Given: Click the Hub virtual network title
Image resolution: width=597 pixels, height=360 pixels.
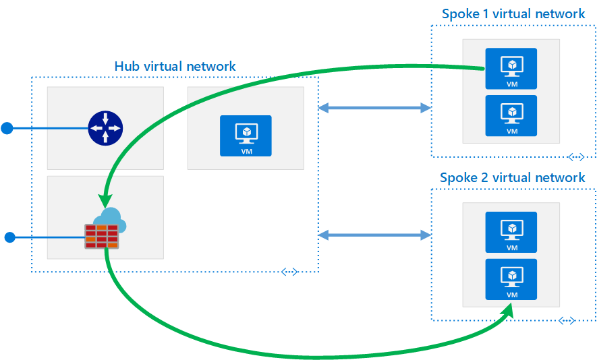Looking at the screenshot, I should (x=175, y=66).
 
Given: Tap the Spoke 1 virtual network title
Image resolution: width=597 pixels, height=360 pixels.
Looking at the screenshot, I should (x=513, y=13).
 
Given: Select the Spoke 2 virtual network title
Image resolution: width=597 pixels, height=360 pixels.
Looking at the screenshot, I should (x=512, y=178).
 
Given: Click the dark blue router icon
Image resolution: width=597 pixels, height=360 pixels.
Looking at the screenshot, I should (x=105, y=127).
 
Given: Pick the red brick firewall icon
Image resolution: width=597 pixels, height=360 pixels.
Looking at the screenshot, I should (x=101, y=235).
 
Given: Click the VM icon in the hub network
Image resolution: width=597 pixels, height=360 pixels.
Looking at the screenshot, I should (x=246, y=136).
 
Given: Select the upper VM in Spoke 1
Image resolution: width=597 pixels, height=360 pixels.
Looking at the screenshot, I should (x=511, y=69).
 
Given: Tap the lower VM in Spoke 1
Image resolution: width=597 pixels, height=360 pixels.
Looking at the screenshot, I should (x=511, y=115).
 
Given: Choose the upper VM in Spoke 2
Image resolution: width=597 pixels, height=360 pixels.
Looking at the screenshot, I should (x=511, y=232).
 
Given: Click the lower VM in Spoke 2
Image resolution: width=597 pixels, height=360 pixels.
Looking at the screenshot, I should (x=511, y=279).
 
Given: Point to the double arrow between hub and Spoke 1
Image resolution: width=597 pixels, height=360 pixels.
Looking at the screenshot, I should (x=374, y=107).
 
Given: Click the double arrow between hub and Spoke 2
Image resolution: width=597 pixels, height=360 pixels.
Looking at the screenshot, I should (x=374, y=235).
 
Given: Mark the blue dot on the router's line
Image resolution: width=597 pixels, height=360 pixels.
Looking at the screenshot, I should (x=7, y=128).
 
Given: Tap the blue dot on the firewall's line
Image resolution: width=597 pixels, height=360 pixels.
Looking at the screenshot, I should (x=9, y=237).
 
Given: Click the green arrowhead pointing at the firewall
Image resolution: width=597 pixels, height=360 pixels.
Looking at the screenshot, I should (x=104, y=201).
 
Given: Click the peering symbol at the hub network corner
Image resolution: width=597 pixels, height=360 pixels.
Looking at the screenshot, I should (x=289, y=272).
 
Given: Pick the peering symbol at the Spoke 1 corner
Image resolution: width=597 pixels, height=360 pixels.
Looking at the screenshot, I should (x=575, y=156).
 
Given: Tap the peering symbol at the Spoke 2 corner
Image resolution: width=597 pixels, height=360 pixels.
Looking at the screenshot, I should (x=567, y=320).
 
